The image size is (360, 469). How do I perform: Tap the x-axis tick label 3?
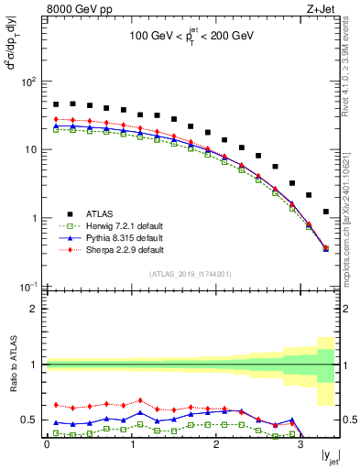point(300,444)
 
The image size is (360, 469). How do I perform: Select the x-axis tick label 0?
point(47,444)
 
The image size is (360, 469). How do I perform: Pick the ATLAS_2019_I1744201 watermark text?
point(190,274)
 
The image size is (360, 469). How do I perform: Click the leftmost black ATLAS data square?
point(56,104)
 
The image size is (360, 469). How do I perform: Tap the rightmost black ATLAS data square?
point(326,212)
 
